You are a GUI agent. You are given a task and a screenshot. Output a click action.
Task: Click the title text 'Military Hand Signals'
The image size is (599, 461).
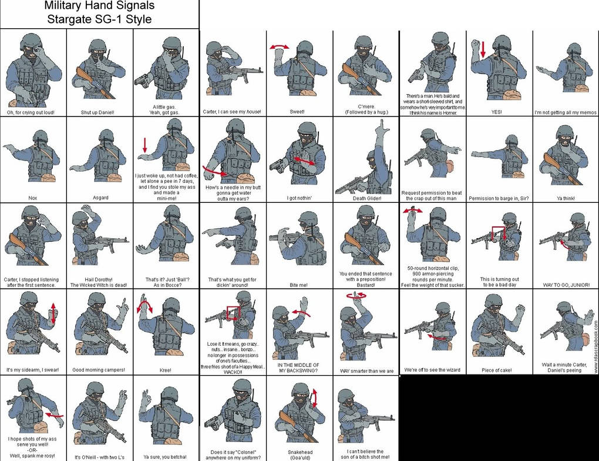tap(100, 6)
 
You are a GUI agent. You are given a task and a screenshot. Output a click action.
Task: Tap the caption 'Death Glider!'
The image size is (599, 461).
tap(366, 198)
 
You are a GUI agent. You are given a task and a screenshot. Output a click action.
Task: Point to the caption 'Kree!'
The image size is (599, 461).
tap(166, 370)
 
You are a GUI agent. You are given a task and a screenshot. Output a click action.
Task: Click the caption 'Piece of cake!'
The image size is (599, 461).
tap(496, 370)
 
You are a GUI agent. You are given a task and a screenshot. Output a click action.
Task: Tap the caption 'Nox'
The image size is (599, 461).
tap(33, 198)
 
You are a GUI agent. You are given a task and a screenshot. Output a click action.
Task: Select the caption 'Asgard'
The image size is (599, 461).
tap(99, 198)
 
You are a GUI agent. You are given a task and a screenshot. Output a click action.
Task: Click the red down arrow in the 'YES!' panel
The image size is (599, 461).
tap(483, 49)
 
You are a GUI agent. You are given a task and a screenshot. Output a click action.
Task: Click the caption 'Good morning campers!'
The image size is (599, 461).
tap(99, 370)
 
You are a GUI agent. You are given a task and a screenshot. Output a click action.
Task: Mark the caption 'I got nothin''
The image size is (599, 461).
tap(300, 198)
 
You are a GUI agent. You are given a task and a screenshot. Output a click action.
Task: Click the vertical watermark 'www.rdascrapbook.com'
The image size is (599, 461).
tap(595, 347)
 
